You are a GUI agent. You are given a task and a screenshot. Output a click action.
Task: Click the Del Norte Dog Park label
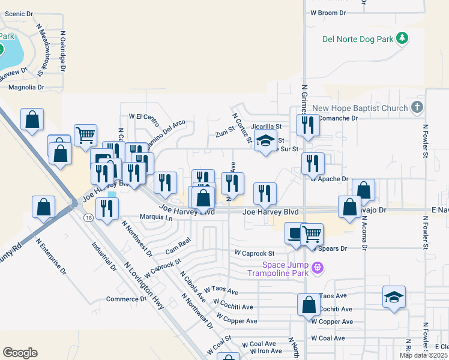(x=357, y=40)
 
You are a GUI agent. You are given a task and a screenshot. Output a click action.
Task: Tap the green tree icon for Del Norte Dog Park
(x=402, y=40)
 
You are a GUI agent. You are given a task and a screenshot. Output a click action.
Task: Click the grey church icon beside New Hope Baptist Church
(x=418, y=108)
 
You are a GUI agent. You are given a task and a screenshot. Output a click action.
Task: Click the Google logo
(x=20, y=353)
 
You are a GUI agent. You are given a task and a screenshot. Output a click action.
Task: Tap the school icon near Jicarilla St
(x=265, y=141)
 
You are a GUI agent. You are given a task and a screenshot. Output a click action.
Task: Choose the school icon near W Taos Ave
(x=394, y=296)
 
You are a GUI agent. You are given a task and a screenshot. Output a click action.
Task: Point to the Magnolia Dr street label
(x=26, y=87)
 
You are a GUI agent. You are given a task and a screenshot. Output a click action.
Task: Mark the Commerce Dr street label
(x=126, y=299)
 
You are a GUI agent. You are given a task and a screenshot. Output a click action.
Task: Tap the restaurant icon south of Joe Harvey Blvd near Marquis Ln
(x=106, y=209)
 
